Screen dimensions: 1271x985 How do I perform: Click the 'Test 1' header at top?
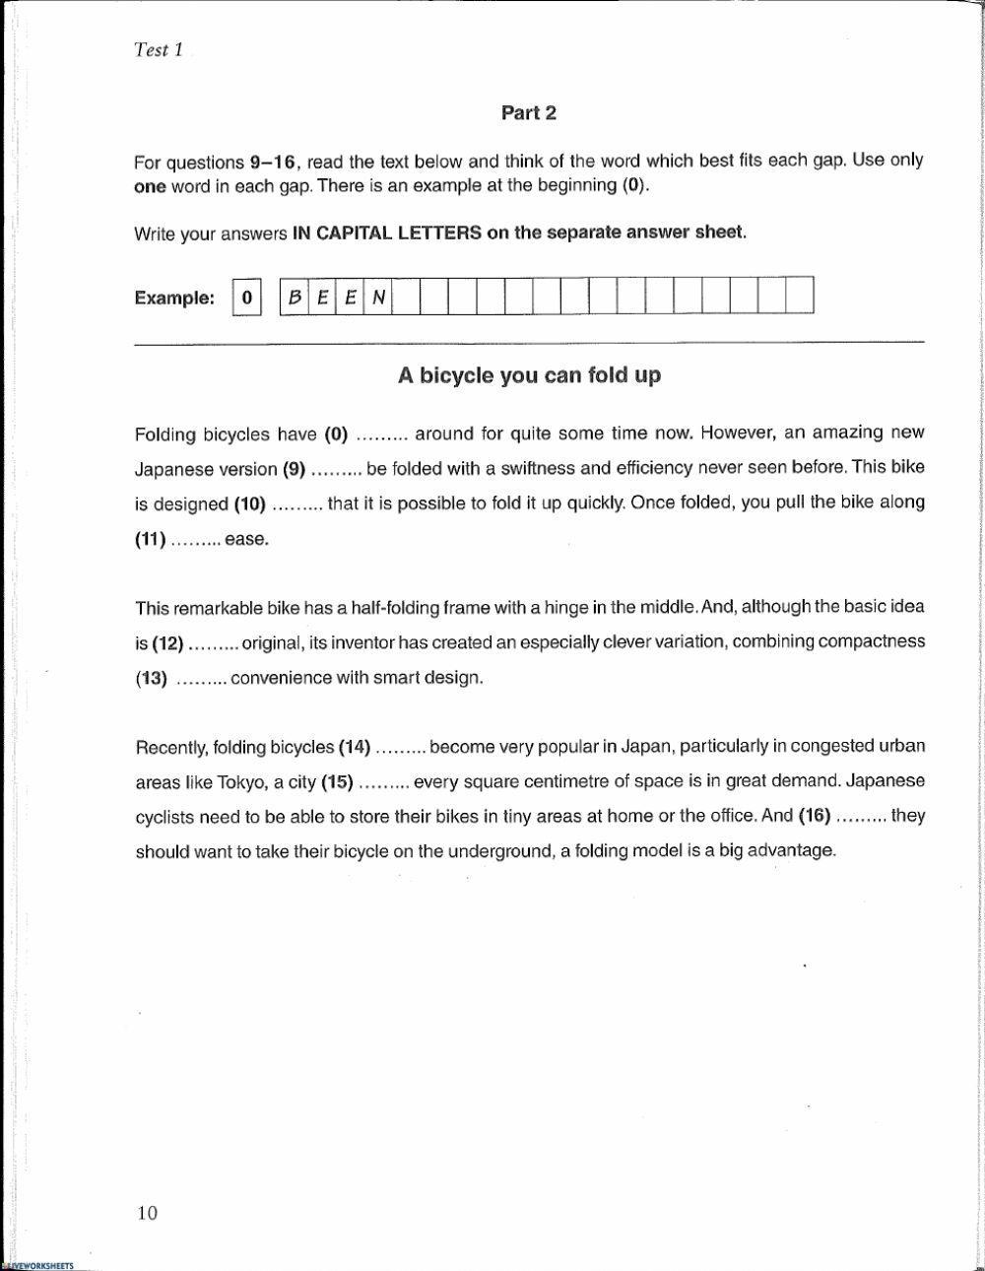pos(158,50)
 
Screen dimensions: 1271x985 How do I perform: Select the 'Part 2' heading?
pos(529,113)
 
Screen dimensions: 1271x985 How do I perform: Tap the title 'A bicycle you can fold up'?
pos(529,375)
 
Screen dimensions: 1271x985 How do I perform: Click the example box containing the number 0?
pos(247,297)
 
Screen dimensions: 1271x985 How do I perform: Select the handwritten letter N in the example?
pos(377,297)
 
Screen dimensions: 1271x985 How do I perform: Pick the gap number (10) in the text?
pos(250,503)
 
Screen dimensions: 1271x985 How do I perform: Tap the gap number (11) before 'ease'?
pos(150,539)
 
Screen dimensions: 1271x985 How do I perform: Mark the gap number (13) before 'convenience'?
pos(152,678)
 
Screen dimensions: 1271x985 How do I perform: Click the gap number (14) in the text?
pos(355,747)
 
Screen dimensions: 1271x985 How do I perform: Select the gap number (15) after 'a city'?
pos(337,782)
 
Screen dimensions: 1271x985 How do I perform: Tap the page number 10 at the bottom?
pos(147,1213)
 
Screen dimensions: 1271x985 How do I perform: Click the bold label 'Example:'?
pos(174,298)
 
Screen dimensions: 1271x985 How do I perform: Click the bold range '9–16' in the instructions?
pos(273,162)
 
